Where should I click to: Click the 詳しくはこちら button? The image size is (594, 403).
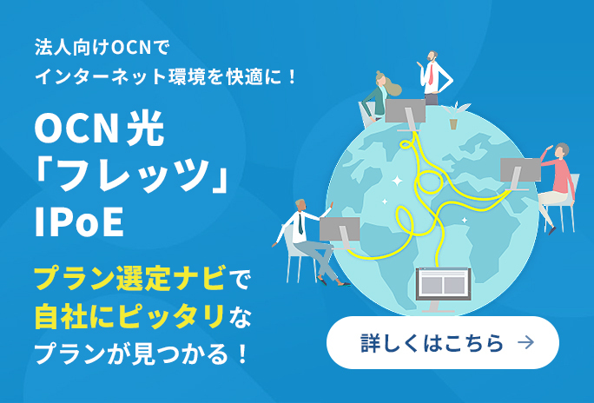(x=443, y=342)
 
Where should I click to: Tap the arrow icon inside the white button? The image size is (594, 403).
(x=525, y=342)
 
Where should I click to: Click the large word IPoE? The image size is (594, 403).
(x=80, y=221)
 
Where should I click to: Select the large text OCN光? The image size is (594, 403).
(x=100, y=129)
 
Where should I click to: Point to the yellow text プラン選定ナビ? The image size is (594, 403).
(x=130, y=278)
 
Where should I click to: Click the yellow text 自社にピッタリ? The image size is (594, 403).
(x=129, y=316)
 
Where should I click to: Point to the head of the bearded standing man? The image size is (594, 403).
(x=432, y=56)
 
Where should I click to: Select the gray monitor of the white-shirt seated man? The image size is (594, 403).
(x=340, y=234)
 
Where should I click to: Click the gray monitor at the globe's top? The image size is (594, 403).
(x=406, y=115)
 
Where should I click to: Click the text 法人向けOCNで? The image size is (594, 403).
(x=101, y=48)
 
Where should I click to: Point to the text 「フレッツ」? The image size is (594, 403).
(x=130, y=175)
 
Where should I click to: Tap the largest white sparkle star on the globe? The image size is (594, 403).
(x=397, y=181)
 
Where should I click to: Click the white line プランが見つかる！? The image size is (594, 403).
(x=141, y=353)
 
